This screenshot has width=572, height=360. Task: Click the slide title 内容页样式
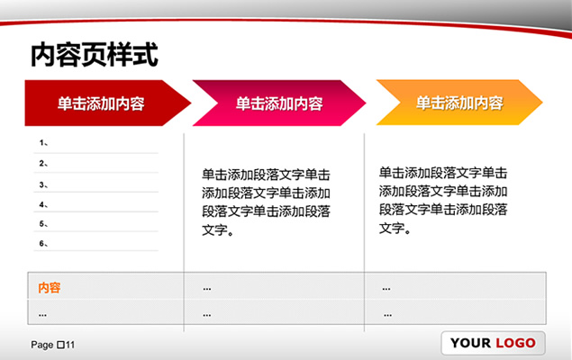coord(95,55)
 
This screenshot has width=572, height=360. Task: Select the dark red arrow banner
coord(107,103)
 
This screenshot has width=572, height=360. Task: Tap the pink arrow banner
coord(279,103)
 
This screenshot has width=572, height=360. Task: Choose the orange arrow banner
coord(459,103)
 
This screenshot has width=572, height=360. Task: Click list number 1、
coord(43,143)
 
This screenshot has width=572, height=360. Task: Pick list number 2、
coord(43,163)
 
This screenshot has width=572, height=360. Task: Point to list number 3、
coord(43,184)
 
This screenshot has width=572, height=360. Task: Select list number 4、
coord(43,204)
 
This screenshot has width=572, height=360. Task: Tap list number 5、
coord(43,224)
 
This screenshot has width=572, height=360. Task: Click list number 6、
coord(43,243)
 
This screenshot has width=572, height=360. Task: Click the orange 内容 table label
coord(50,288)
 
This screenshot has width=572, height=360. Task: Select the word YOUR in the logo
coord(470,343)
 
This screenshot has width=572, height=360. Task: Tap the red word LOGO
coord(515,343)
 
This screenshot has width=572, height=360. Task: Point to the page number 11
coord(70,345)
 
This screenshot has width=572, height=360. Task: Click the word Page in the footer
coord(42,345)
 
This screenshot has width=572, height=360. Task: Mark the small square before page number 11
coord(61,345)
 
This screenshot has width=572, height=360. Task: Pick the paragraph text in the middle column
coord(266,202)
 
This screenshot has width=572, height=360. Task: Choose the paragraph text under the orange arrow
coord(443,201)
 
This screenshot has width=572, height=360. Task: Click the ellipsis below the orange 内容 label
coord(42,315)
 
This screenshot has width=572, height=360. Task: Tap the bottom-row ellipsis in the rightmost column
coord(387,315)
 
